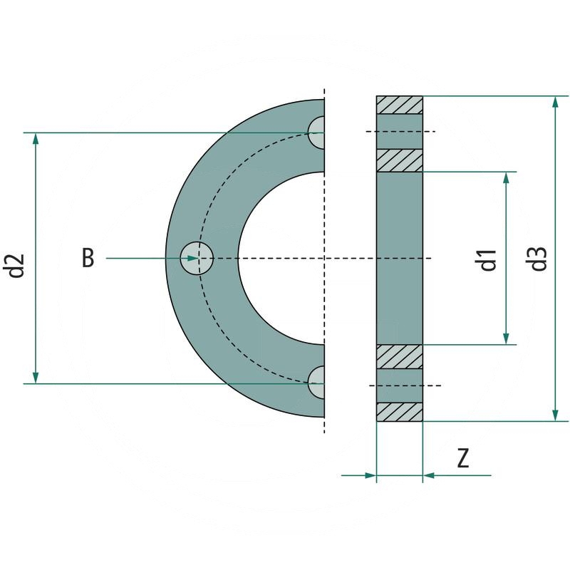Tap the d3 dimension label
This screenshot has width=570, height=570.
[539, 258]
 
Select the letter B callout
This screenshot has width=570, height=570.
[87, 258]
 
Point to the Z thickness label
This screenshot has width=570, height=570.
[463, 458]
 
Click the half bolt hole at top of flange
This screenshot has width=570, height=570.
[317, 133]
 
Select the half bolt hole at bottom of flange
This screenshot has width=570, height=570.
[317, 383]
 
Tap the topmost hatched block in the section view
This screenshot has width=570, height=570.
[400, 105]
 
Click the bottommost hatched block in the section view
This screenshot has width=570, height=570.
[400, 412]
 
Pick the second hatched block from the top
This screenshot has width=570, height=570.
[400, 160]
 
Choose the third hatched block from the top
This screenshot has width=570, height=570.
[400, 356]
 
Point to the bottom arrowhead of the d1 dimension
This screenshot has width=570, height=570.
[507, 338]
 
